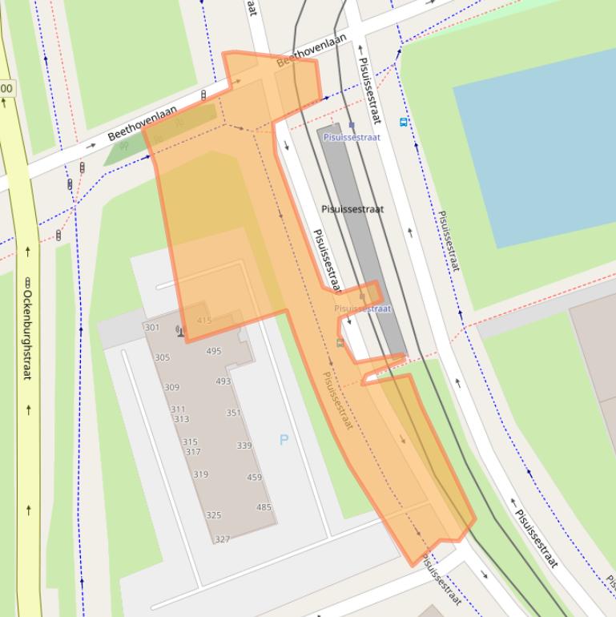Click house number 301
click(x=152, y=328)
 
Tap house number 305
click(x=162, y=357)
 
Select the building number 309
click(x=171, y=387)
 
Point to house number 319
click(x=200, y=474)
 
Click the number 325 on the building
click(x=213, y=515)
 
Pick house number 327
click(x=222, y=539)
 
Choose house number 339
click(x=244, y=446)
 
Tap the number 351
click(x=233, y=413)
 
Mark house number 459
click(x=254, y=478)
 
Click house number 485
click(x=264, y=507)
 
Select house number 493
click(x=223, y=381)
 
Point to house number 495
click(x=213, y=351)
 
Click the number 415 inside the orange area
click(x=203, y=321)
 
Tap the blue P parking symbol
click(x=284, y=439)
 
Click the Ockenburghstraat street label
click(x=27, y=329)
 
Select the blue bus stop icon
click(x=404, y=122)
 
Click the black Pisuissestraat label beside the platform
click(x=352, y=209)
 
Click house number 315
click(x=190, y=442)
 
